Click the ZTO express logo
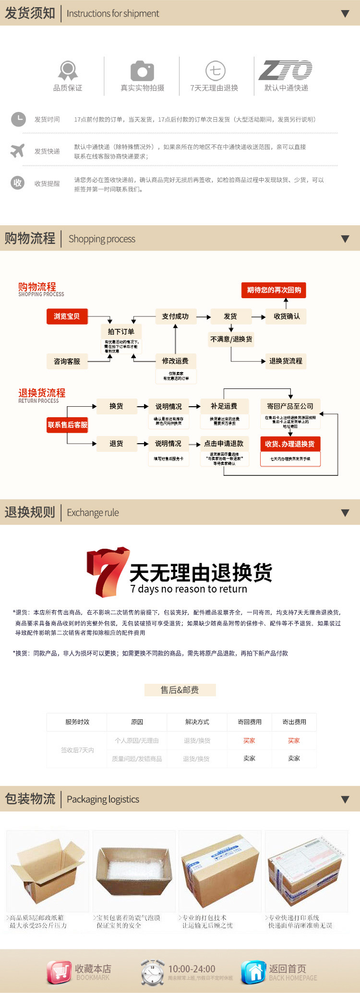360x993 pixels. click(x=286, y=71)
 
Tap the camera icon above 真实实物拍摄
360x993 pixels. click(x=142, y=71)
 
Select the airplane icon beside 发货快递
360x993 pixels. click(x=18, y=151)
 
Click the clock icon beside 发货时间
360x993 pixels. click(x=18, y=119)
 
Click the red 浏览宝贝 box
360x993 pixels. click(x=67, y=316)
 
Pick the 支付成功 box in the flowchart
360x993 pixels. click(x=175, y=316)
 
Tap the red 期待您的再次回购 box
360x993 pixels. click(x=274, y=290)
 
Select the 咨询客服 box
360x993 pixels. click(x=67, y=361)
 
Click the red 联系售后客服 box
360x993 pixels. click(x=67, y=425)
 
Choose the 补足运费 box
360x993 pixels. click(x=224, y=406)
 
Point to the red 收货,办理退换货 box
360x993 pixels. click(x=290, y=444)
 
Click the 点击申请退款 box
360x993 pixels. click(x=224, y=444)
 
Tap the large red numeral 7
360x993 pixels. click(x=107, y=571)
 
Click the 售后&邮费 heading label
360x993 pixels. click(x=180, y=690)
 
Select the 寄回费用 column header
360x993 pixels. click(x=250, y=722)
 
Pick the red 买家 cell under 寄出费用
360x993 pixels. click(x=294, y=740)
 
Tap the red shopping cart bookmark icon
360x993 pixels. click(x=59, y=972)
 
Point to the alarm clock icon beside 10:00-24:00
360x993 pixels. click(x=153, y=972)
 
